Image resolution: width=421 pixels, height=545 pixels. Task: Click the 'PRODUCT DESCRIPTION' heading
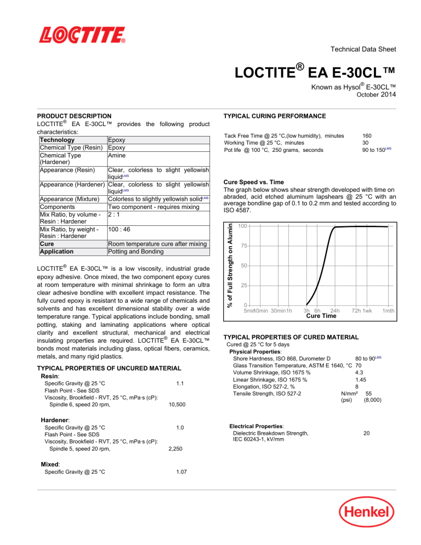[x=74, y=116]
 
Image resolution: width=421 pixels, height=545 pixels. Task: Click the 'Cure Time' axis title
[x=321, y=316]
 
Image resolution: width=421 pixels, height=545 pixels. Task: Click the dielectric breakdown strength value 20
[x=366, y=432]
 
